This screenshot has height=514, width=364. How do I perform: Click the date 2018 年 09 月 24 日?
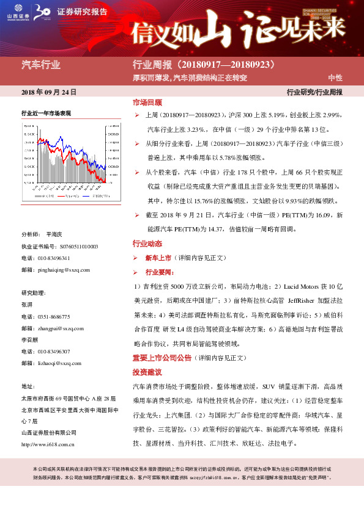click(x=48, y=92)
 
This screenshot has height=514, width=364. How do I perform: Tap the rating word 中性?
click(x=335, y=78)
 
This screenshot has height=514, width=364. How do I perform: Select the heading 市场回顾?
click(x=147, y=103)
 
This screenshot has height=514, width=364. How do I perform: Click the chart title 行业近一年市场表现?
click(x=46, y=114)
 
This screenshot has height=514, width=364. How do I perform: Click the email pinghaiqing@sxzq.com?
click(x=64, y=269)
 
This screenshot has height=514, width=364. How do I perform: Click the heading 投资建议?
click(x=147, y=372)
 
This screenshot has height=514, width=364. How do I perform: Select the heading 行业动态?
click(x=147, y=244)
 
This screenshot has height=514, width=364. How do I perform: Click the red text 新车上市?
click(x=158, y=258)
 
